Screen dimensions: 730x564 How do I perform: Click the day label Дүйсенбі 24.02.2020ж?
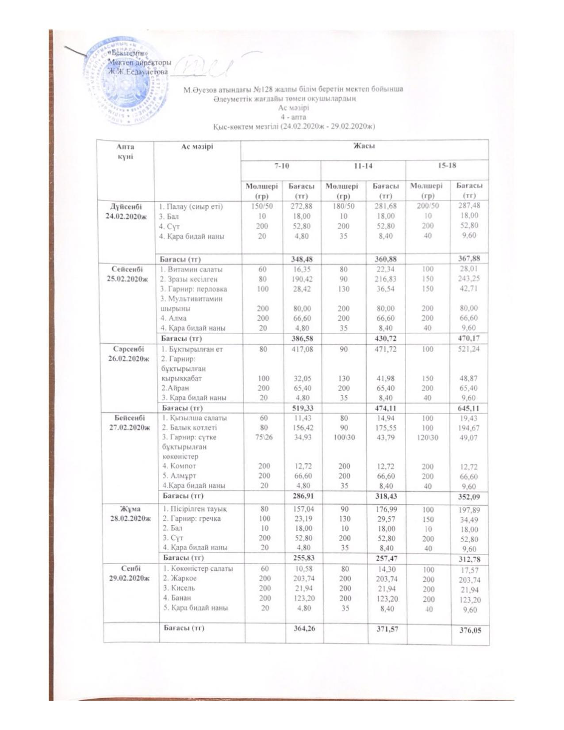point(126,211)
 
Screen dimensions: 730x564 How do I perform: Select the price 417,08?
point(301,349)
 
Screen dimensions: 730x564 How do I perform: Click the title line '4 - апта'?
point(293,117)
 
